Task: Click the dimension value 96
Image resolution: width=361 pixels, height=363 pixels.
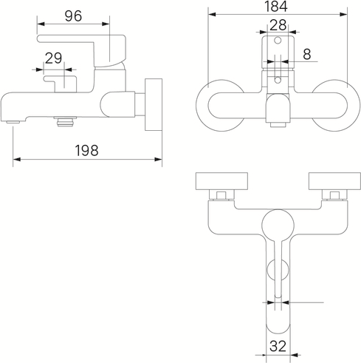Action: (73, 16)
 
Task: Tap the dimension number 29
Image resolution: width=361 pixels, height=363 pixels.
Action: (54, 58)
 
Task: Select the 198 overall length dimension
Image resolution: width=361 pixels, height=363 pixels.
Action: (86, 150)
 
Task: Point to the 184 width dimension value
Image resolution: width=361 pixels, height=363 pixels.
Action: (276, 7)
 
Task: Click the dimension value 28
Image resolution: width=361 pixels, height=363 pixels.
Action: (278, 25)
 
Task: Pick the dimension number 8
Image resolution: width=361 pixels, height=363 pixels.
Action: (307, 54)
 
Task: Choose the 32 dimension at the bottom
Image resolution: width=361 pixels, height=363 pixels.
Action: (278, 346)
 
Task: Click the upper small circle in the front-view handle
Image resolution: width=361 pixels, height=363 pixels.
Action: (278, 40)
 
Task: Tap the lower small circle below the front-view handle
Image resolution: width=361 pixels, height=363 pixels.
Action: (278, 80)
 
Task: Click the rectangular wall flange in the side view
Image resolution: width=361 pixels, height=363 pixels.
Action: (154, 104)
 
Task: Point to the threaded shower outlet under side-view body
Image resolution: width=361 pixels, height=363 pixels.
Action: (65, 122)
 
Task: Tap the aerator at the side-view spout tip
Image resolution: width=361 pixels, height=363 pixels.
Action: (13, 122)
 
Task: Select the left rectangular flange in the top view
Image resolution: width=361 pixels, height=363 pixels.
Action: (221, 182)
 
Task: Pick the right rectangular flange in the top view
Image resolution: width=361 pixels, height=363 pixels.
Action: (334, 182)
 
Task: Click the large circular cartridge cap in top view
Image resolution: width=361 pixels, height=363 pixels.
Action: (278, 225)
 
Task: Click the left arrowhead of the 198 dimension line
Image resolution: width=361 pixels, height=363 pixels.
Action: (16, 160)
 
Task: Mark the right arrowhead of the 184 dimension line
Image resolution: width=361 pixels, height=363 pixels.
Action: (343, 14)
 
